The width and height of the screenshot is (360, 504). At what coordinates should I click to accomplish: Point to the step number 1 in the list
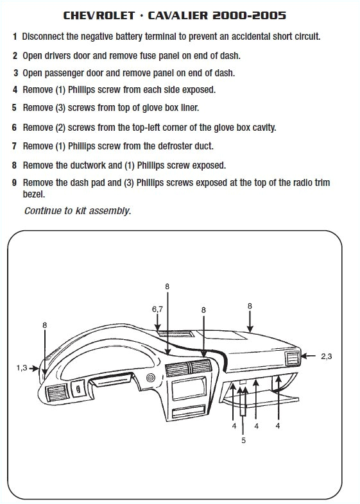[x=15, y=37]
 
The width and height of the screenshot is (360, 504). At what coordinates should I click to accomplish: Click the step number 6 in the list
[x=15, y=128]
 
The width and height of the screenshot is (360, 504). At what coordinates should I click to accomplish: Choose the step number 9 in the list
[x=15, y=183]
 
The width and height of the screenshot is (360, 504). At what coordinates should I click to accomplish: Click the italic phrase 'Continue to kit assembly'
[x=77, y=210]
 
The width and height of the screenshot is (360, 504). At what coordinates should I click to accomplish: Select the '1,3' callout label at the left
[x=22, y=367]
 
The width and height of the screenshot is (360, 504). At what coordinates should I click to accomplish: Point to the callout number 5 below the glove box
[x=243, y=441]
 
